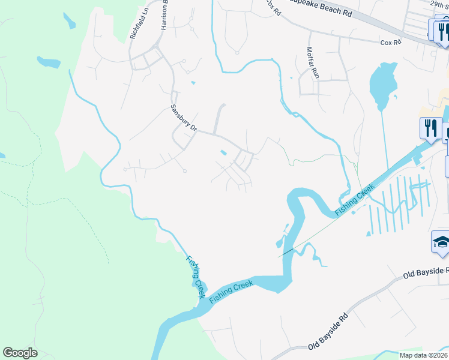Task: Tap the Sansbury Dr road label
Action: tap(183, 118)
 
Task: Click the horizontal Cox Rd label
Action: tap(390, 43)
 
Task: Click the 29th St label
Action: tap(441, 4)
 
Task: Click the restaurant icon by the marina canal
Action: tap(430, 127)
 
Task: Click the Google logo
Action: tap(20, 353)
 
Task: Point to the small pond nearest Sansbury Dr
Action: tap(223, 153)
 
